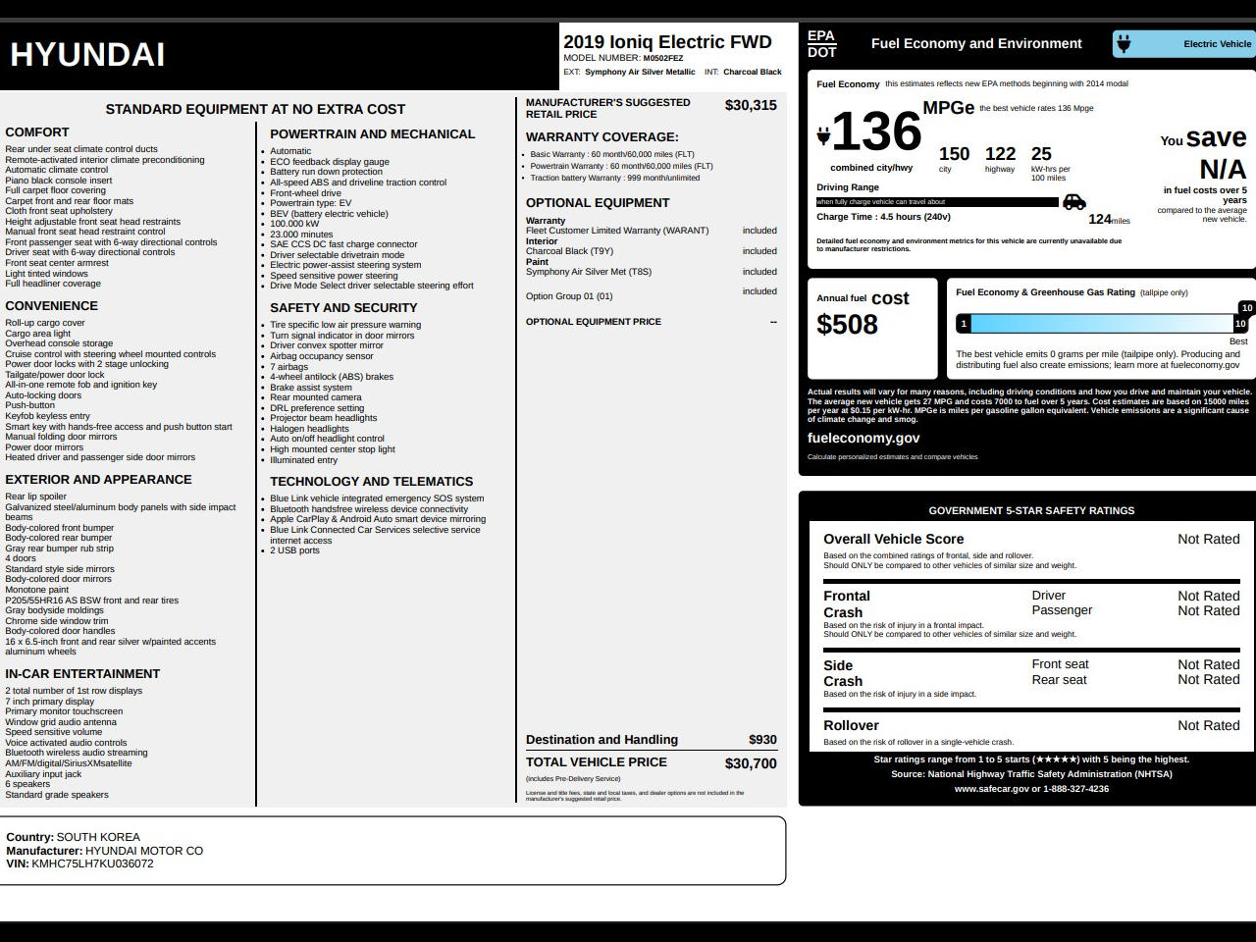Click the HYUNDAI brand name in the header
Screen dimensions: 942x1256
click(x=87, y=55)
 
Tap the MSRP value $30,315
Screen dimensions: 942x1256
click(x=751, y=106)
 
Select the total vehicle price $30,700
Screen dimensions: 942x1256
click(x=751, y=763)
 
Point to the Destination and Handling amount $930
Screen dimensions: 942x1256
click(x=762, y=740)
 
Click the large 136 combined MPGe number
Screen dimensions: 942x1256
click(x=876, y=131)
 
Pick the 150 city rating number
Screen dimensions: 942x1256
click(x=954, y=154)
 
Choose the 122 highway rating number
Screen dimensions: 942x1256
click(x=1000, y=154)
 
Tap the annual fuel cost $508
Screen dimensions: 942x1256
click(x=847, y=325)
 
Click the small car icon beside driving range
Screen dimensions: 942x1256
click(x=1074, y=201)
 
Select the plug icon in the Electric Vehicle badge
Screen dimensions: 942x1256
click(x=1125, y=43)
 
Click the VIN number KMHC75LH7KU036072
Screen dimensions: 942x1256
click(x=92, y=864)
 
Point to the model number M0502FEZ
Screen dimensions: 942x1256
click(x=663, y=58)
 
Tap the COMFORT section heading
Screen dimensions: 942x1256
click(x=37, y=132)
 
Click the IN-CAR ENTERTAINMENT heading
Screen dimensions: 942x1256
click(x=82, y=674)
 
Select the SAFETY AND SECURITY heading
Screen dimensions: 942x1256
click(x=343, y=308)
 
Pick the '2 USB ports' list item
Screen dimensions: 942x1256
click(x=295, y=550)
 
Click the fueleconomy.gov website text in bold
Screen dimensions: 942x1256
click(x=863, y=439)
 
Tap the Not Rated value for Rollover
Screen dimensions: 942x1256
click(x=1208, y=726)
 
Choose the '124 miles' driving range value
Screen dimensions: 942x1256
click(x=1109, y=220)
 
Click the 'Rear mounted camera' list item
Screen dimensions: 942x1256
click(x=316, y=397)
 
